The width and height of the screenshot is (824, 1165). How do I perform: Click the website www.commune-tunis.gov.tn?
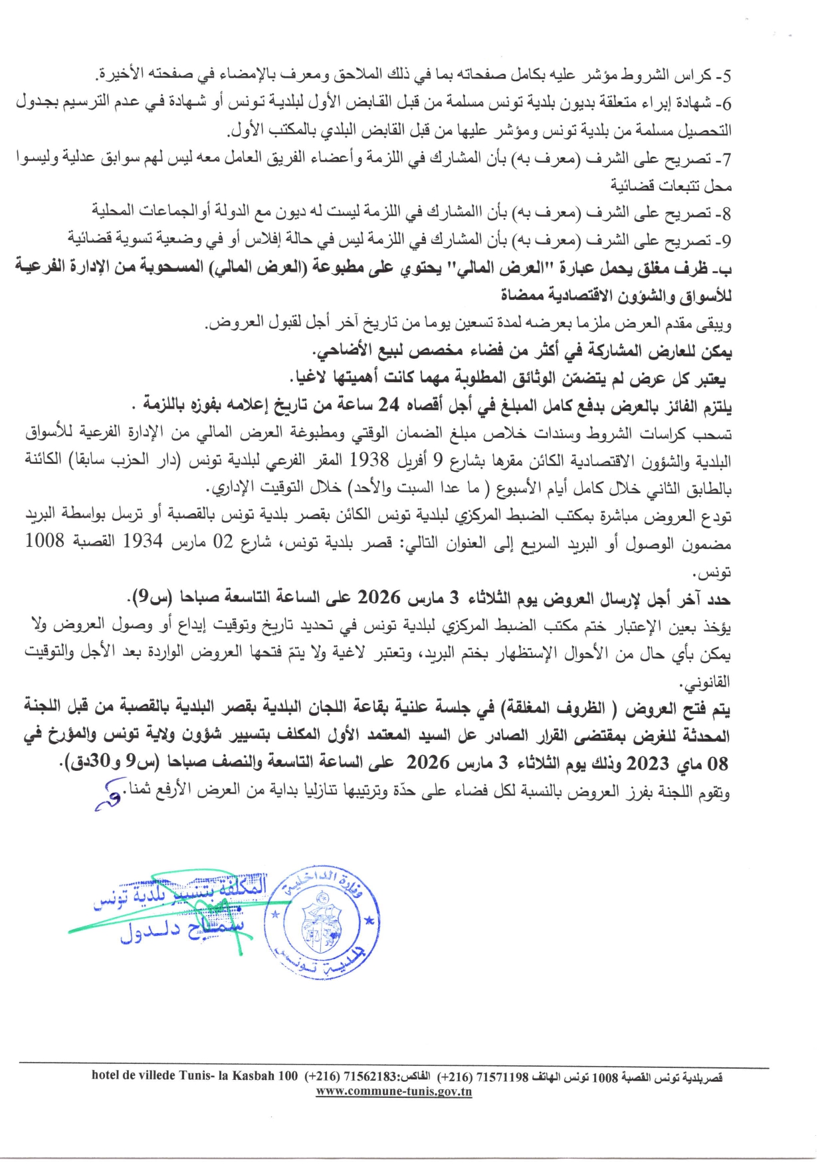(x=393, y=1091)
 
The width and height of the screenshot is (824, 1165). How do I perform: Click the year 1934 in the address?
(x=143, y=542)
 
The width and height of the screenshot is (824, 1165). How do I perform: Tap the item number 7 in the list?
(x=726, y=159)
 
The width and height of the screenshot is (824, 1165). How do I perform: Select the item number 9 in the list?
(x=726, y=239)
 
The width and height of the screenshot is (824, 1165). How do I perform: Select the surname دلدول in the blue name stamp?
(x=150, y=933)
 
